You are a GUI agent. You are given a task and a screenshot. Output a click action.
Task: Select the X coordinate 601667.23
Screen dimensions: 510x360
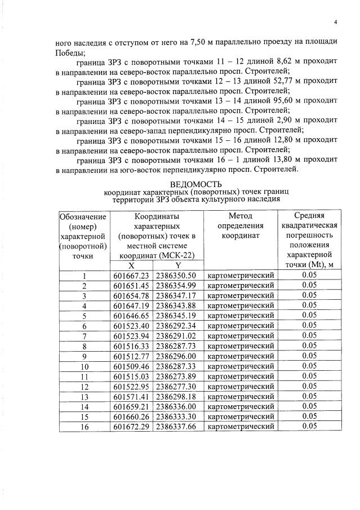pyautogui.click(x=131, y=276)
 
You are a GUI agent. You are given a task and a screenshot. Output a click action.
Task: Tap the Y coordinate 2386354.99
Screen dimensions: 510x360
pyautogui.click(x=176, y=286)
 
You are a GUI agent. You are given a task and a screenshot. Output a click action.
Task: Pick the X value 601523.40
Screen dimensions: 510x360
pyautogui.click(x=131, y=326)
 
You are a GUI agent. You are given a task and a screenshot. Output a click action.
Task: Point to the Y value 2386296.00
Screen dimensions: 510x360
pyautogui.click(x=176, y=356)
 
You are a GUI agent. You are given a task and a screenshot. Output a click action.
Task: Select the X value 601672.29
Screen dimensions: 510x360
pyautogui.click(x=131, y=426)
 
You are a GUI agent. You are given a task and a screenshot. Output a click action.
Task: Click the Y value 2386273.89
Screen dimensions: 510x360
pyautogui.click(x=176, y=376)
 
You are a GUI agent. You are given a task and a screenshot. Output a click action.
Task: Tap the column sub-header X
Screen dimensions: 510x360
pyautogui.click(x=131, y=265)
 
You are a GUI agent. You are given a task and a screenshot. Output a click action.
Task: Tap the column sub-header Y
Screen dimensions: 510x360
pyautogui.click(x=177, y=265)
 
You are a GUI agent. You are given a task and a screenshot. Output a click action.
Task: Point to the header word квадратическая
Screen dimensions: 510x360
pyautogui.click(x=308, y=225)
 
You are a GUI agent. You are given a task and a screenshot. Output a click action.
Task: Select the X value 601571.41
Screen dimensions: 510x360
pyautogui.click(x=131, y=396)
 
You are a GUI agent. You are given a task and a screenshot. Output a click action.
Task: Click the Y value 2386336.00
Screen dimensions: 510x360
pyautogui.click(x=176, y=406)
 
